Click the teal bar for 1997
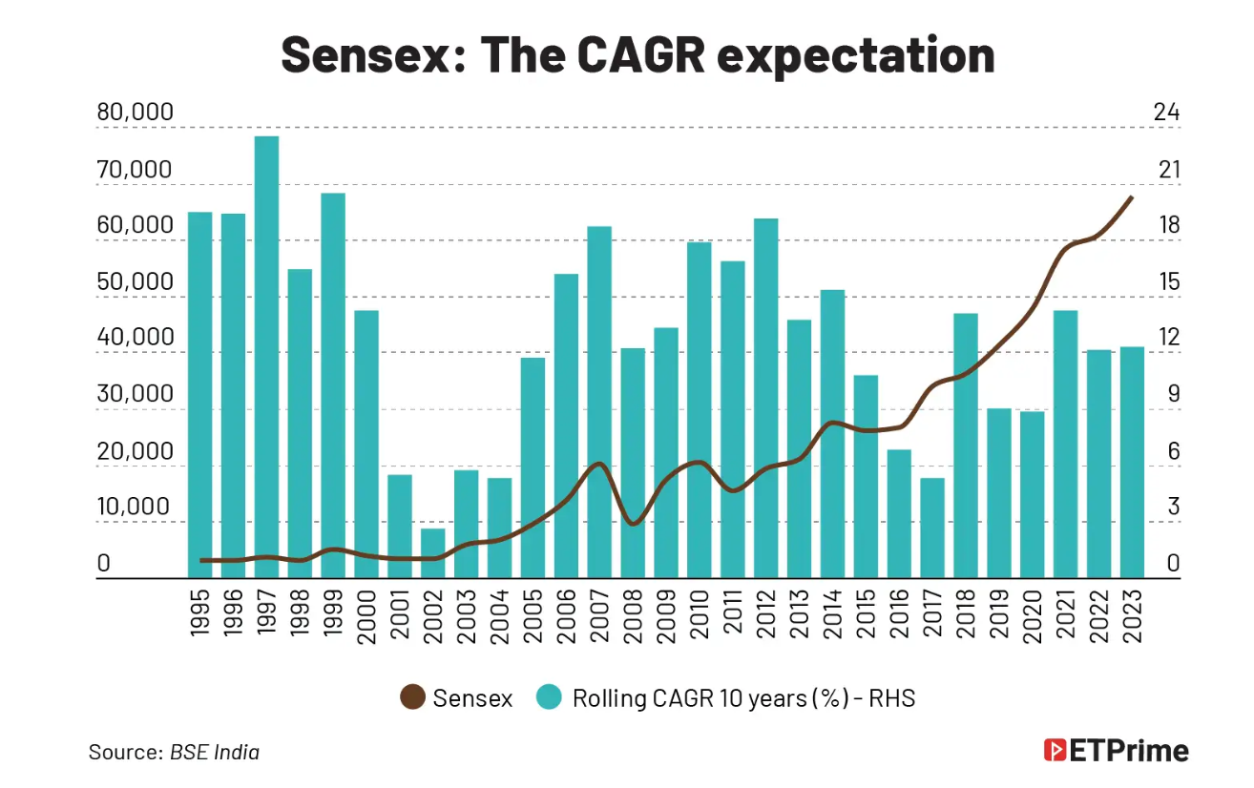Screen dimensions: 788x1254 [266, 357]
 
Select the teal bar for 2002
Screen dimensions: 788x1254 [433, 553]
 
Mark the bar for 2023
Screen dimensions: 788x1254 [1133, 462]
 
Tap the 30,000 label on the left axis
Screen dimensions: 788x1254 [136, 395]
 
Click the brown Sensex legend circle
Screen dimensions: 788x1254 [412, 698]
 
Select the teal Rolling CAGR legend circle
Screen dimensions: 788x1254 [548, 698]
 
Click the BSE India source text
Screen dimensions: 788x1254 [215, 752]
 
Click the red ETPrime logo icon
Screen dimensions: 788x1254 [1055, 750]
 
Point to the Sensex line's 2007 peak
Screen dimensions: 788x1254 [599, 465]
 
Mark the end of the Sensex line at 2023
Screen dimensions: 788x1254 [1132, 197]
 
